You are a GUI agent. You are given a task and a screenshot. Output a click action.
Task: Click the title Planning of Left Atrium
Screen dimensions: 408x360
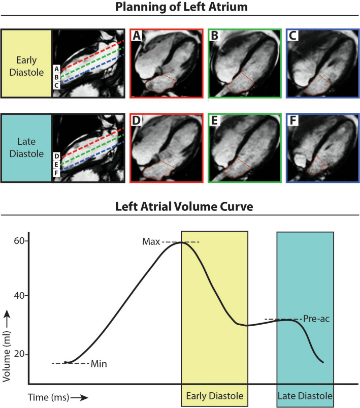pos(180,9)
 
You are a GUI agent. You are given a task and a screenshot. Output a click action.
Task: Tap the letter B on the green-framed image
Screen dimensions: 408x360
pos(215,37)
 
